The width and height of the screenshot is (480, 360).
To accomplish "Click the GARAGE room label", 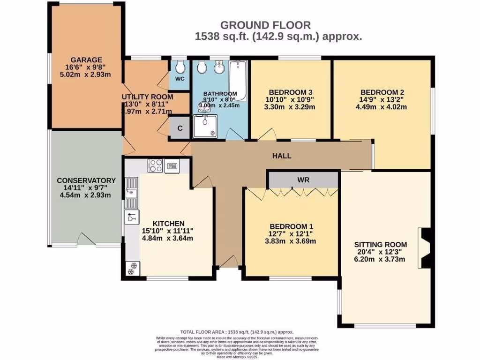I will [86, 60].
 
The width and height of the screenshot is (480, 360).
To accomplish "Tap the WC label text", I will [179, 79].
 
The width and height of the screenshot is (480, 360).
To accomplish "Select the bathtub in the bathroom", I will [239, 80].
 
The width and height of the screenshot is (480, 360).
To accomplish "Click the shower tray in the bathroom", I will [205, 127].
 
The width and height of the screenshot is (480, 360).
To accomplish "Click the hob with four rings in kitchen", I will [155, 165].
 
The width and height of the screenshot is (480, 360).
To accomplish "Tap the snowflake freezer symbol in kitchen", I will [131, 268].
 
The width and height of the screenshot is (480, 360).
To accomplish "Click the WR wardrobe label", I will [303, 180].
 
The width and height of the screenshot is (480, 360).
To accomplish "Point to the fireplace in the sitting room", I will [424, 248].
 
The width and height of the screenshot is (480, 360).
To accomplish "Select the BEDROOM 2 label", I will [382, 92].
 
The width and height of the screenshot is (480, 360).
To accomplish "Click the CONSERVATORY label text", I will [86, 180].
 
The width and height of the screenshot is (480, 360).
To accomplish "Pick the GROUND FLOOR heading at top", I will [265, 25].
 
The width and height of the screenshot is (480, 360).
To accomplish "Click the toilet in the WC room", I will [179, 68].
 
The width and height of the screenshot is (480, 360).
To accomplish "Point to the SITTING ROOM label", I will [380, 245].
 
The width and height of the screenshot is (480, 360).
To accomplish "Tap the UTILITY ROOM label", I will [148, 97].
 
